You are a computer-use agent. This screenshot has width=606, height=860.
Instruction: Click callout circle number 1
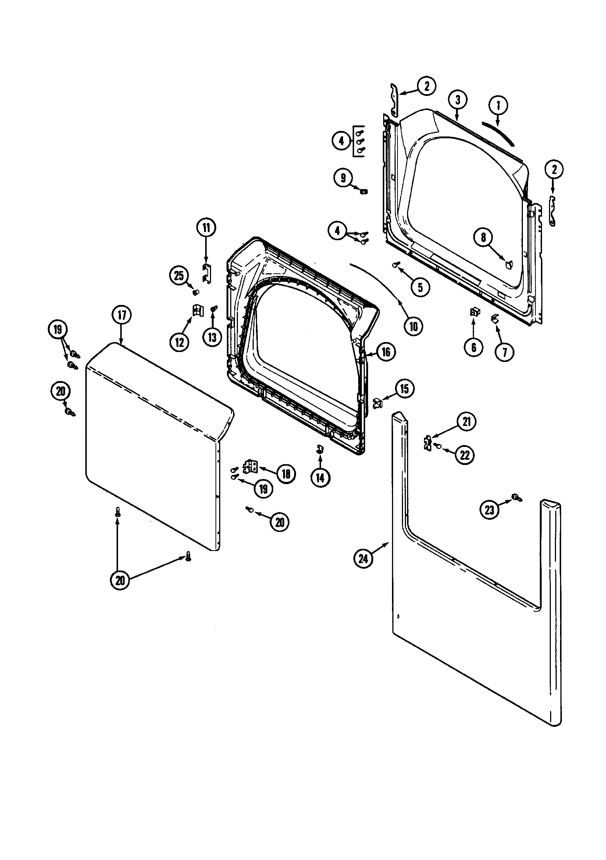click(x=498, y=106)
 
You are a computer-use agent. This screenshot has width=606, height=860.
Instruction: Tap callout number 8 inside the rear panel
click(x=484, y=238)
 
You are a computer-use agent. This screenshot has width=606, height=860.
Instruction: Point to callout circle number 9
click(x=343, y=178)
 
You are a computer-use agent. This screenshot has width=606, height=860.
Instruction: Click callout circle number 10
click(x=413, y=326)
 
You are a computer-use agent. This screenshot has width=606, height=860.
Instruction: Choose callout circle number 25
click(x=179, y=276)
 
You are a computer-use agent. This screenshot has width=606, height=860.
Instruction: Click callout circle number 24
click(x=363, y=569)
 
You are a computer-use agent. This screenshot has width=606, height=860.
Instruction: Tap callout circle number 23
click(x=489, y=509)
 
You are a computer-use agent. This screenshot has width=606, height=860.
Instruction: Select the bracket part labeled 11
click(x=206, y=273)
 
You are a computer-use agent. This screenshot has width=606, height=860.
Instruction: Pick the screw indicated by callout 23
click(x=517, y=498)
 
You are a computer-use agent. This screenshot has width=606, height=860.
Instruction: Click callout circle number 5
click(x=420, y=287)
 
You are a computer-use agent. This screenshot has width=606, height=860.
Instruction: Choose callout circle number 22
click(x=464, y=455)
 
